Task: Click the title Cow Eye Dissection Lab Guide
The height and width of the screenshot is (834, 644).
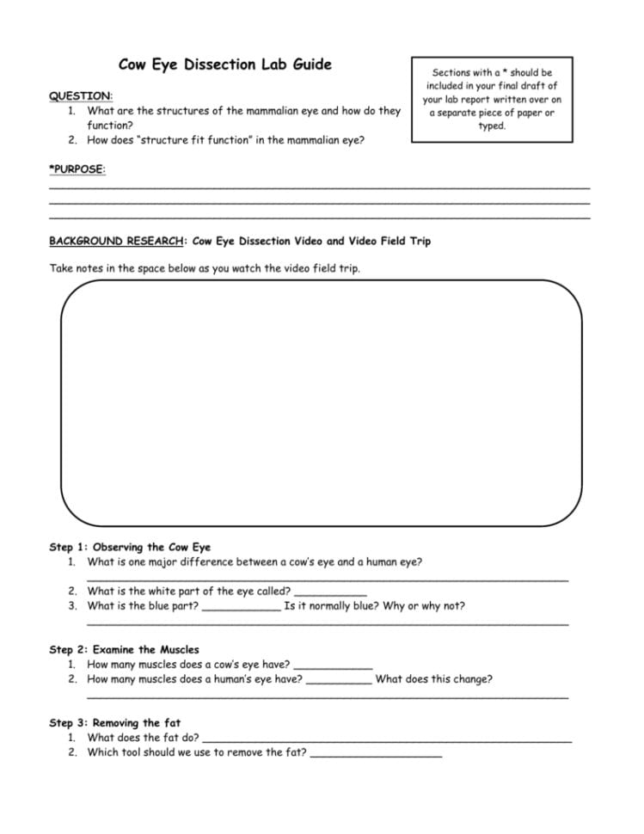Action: [x=224, y=64]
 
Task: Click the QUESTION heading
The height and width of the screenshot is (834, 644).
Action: [x=81, y=95]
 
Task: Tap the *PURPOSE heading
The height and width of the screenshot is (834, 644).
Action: [x=77, y=169]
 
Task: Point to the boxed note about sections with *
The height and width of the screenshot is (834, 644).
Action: [x=492, y=99]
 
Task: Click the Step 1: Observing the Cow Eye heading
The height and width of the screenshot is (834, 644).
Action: [x=130, y=547]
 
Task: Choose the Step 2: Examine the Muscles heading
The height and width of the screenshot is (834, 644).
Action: [x=124, y=650]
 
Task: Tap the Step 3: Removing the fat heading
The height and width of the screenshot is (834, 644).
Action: [x=115, y=723]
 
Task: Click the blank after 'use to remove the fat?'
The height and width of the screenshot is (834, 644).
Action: [x=376, y=754]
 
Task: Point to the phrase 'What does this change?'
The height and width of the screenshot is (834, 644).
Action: [x=434, y=679]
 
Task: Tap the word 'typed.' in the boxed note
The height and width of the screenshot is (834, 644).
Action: [x=492, y=126]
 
